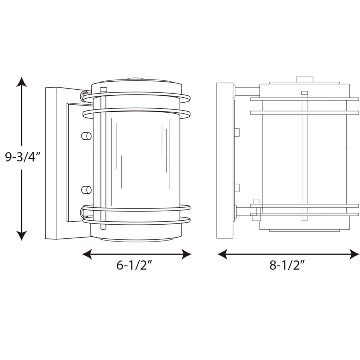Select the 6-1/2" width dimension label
coord(135,265)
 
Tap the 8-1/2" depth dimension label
coord(287,265)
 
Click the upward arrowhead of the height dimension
coord(22,82)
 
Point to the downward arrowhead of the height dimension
coord(22,235)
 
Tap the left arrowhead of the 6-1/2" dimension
coord(87,254)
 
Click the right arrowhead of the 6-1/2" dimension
coord(186,254)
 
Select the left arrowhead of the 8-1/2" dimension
coord(222,254)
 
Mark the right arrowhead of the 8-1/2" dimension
coord(354,254)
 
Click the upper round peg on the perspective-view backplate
coord(86,136)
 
